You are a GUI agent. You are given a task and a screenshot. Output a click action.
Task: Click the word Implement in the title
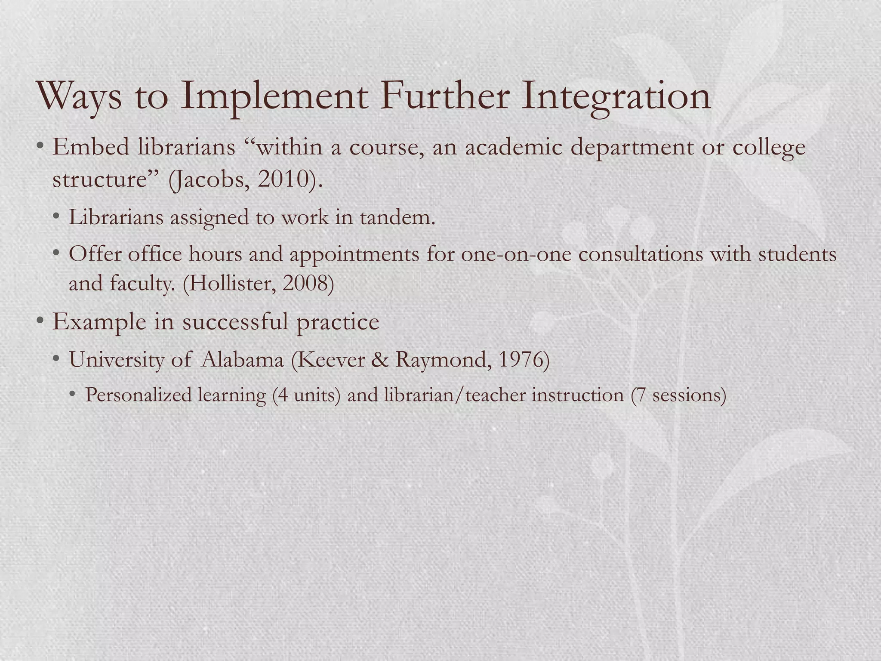[274, 97]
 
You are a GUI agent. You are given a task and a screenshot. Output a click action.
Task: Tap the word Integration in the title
[616, 97]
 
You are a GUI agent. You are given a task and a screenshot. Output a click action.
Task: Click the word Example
[99, 322]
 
